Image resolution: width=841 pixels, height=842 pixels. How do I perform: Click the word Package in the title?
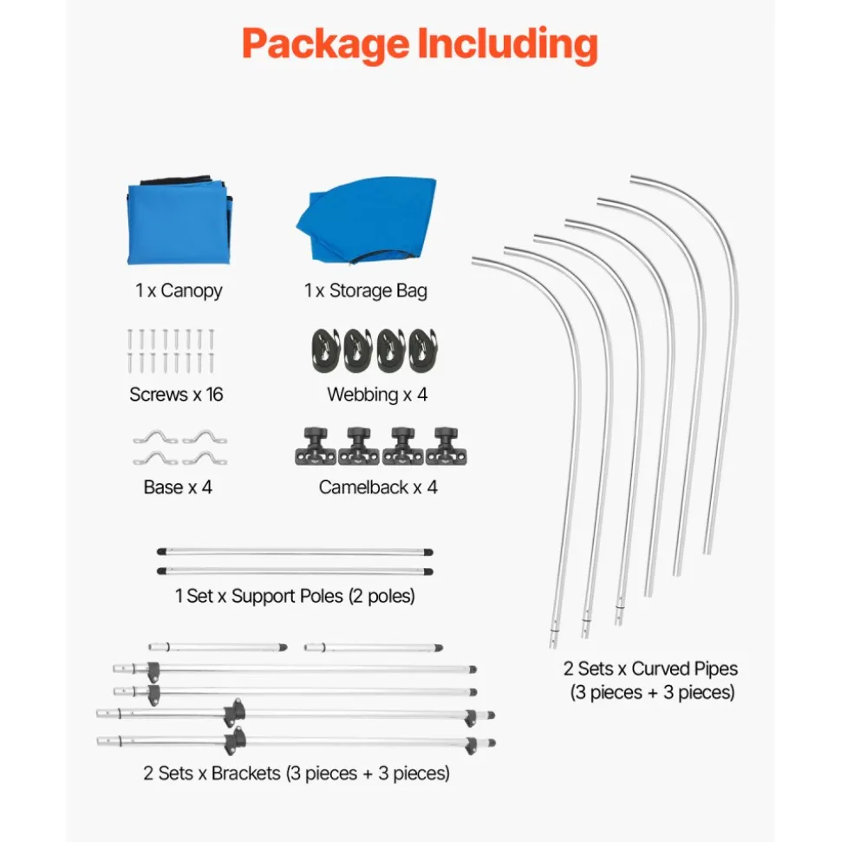[325, 44]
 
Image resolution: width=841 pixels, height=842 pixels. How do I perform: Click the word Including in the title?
[507, 43]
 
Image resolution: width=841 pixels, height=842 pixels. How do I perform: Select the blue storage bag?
[366, 221]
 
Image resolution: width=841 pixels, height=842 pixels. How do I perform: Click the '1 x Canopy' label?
[179, 290]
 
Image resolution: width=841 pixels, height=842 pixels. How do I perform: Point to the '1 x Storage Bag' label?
[366, 290]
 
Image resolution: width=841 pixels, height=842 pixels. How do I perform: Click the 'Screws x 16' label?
[176, 395]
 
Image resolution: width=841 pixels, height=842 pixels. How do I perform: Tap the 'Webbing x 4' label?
[377, 395]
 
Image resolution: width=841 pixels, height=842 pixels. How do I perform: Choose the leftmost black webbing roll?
[325, 350]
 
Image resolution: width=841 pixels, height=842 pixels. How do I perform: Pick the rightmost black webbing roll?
[424, 350]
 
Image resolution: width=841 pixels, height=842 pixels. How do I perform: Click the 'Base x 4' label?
[178, 487]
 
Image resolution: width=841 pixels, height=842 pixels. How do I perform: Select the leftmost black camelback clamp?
[316, 447]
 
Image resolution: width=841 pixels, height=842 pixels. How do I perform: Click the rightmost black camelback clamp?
[446, 447]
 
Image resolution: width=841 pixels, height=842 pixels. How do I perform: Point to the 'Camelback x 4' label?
[378, 487]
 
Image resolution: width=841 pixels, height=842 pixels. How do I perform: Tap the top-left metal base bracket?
[156, 438]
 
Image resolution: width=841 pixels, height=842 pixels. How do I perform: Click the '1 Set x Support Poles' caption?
[295, 596]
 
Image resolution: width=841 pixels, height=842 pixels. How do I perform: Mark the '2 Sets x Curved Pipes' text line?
[650, 669]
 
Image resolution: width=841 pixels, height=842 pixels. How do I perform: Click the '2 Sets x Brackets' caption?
[297, 773]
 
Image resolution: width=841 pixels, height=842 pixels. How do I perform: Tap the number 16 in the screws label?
[214, 395]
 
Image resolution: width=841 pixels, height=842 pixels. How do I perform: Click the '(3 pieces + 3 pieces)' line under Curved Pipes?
[653, 693]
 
